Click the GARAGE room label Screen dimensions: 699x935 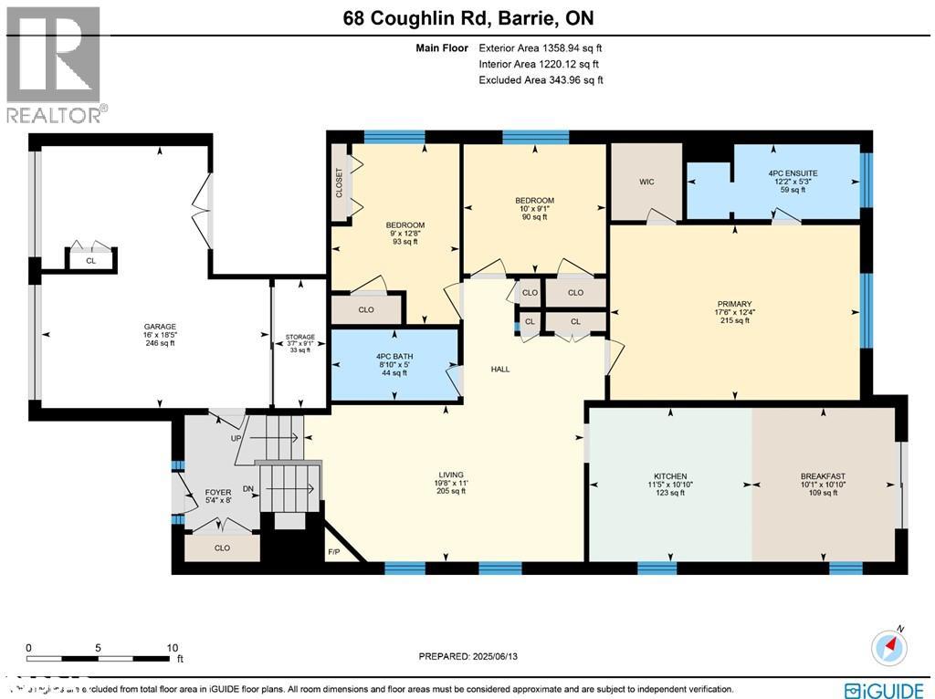[x=159, y=327]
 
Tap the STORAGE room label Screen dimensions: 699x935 [x=299, y=338]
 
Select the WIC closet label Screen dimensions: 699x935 [x=646, y=182]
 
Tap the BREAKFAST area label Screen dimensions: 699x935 [x=823, y=476]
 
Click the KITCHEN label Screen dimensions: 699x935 [x=670, y=476]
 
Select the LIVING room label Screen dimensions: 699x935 [x=451, y=475]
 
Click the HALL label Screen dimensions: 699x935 [x=499, y=370]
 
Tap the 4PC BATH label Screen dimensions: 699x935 [x=394, y=357]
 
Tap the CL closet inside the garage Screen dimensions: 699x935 [x=90, y=260]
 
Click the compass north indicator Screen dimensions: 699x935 [x=890, y=646]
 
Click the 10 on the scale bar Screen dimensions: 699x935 [x=173, y=647]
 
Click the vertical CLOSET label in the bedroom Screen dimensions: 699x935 [x=339, y=181]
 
